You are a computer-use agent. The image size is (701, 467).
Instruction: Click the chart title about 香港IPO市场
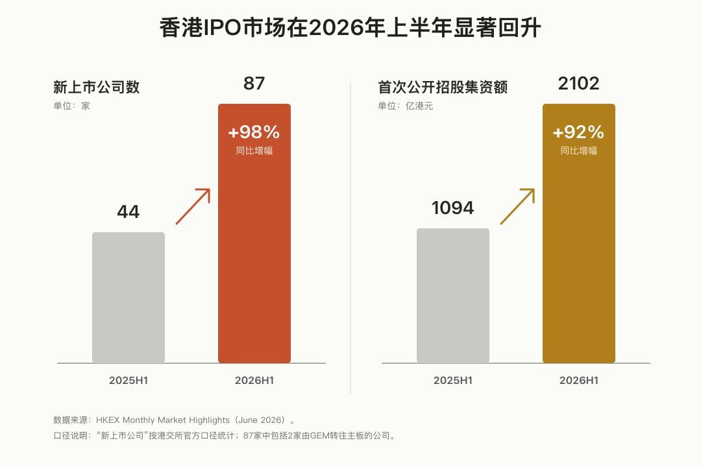point(350,28)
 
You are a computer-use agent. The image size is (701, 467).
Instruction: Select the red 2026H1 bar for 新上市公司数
point(254,233)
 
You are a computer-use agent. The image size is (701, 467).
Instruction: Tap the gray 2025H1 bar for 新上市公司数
point(129,298)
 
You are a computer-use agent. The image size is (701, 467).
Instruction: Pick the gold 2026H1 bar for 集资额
point(579,233)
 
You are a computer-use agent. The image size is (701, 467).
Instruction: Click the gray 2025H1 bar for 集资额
point(453,296)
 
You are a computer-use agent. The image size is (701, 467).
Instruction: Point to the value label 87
point(254,84)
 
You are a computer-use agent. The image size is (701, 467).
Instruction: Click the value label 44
point(129,212)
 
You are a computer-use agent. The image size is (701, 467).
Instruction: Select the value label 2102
point(578,84)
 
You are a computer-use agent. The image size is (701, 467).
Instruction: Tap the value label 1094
point(452,208)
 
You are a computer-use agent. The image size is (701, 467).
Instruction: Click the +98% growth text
point(254,132)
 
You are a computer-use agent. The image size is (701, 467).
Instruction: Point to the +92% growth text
point(578,132)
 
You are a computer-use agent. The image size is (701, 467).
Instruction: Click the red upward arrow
point(193,206)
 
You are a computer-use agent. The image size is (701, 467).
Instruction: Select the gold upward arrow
point(518,206)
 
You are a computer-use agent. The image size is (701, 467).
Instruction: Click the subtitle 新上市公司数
point(97,87)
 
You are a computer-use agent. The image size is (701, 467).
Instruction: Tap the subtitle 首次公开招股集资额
point(443,87)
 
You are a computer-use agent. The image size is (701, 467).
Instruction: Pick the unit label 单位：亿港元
point(406,106)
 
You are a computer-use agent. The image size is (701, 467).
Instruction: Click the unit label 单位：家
point(71,106)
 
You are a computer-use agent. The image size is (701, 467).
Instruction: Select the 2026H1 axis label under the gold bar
point(579,381)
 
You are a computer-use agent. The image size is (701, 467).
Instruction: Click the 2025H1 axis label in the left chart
point(129,381)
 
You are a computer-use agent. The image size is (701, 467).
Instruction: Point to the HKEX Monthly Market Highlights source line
point(175,420)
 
